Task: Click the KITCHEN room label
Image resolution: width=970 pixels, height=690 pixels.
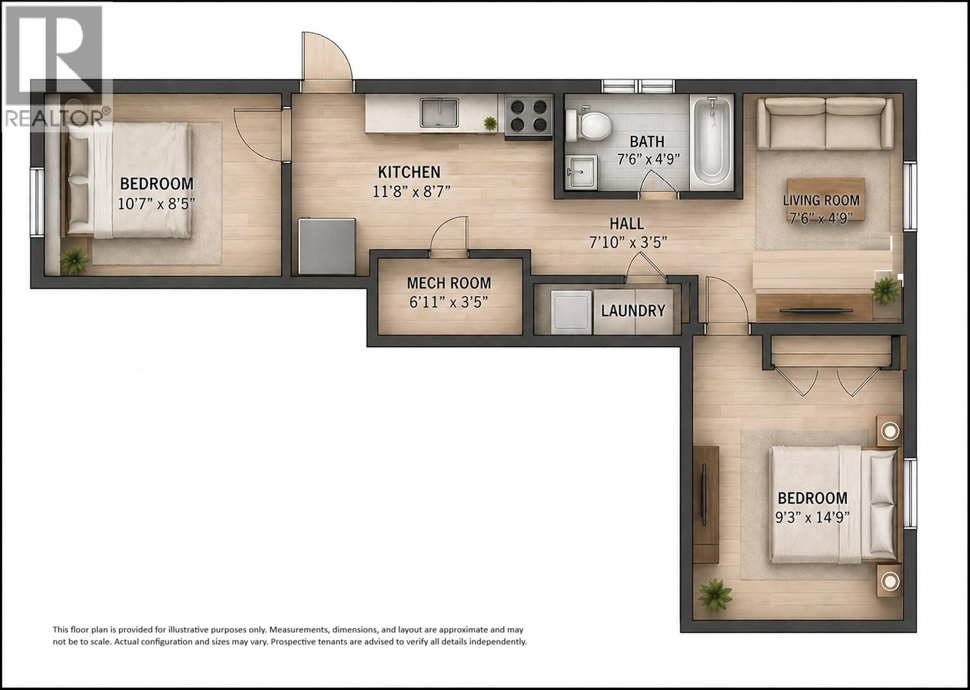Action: click(409, 172)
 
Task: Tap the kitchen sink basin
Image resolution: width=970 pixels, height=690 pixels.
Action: click(440, 113)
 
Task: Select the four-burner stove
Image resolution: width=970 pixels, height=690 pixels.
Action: click(528, 115)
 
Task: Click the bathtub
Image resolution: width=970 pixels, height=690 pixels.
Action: click(712, 142)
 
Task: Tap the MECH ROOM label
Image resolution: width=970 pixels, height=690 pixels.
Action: click(449, 283)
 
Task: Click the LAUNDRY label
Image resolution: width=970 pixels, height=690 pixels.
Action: click(633, 311)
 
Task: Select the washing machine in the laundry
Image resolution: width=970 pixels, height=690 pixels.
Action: click(571, 312)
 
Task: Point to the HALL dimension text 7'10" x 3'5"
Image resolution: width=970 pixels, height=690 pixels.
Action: click(628, 243)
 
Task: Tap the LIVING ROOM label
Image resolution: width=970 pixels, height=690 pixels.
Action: click(821, 201)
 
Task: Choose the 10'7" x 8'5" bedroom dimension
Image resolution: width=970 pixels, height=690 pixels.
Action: click(157, 203)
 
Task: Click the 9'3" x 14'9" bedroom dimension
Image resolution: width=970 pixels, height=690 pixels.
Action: click(813, 518)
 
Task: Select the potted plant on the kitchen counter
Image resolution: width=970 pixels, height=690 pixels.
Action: click(489, 123)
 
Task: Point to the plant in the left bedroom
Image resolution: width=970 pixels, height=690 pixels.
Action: click(74, 260)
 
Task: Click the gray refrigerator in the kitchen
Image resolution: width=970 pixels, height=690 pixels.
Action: click(327, 246)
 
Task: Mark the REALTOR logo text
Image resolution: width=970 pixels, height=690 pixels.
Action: click(57, 117)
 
